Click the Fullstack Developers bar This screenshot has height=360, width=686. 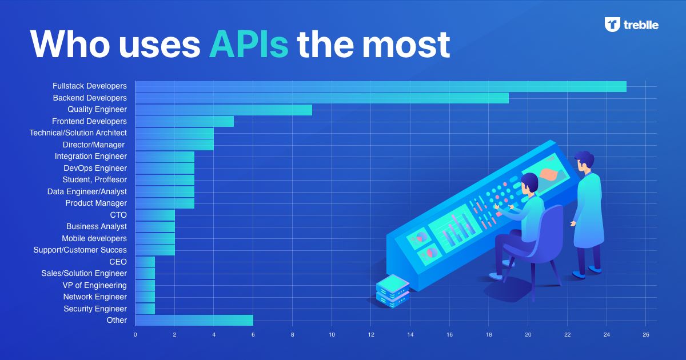(x=381, y=86)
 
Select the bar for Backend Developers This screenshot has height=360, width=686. (x=322, y=98)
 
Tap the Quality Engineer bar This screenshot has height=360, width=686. (x=224, y=110)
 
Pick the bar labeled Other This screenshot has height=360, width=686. (x=194, y=321)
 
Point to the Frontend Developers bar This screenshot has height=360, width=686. (x=184, y=122)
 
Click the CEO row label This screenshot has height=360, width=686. (x=118, y=262)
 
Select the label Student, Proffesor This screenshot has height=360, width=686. (x=95, y=179)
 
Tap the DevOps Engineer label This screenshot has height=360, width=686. (x=95, y=169)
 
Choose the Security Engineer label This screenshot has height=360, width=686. (x=95, y=309)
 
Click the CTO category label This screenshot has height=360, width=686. (x=118, y=215)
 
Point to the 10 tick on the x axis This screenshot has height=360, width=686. (x=332, y=335)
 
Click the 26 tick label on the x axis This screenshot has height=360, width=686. (x=646, y=335)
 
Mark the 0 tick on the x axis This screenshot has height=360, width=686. (x=135, y=335)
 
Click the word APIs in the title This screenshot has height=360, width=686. (x=249, y=45)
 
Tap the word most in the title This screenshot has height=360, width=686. (x=406, y=45)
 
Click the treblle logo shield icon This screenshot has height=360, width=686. (x=612, y=25)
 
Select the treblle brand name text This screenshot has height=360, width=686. (x=641, y=25)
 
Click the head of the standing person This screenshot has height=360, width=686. (x=585, y=161)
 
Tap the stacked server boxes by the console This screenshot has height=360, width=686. (x=393, y=291)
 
